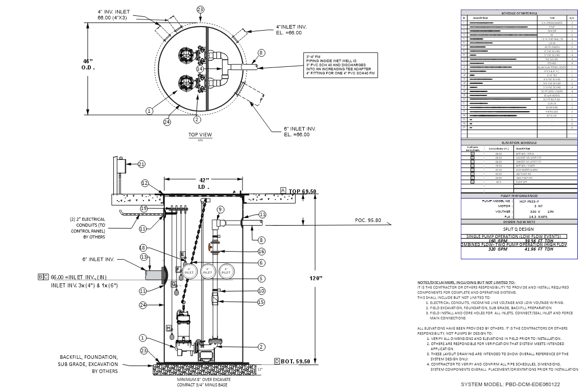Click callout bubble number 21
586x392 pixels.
pos(141,164)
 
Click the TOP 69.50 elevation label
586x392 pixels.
pos(303,191)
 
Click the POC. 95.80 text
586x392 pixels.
pos(369,220)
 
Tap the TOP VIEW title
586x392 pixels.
pos(200,135)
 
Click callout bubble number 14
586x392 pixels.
pos(200,68)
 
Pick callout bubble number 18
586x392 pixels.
pos(143,248)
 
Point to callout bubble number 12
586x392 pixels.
pos(145,183)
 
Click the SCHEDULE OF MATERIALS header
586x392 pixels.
pos(519,13)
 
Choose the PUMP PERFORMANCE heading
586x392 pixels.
pos(520,196)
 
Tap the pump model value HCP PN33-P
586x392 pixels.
pos(530,201)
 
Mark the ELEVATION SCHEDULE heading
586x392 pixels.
pos(519,143)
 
